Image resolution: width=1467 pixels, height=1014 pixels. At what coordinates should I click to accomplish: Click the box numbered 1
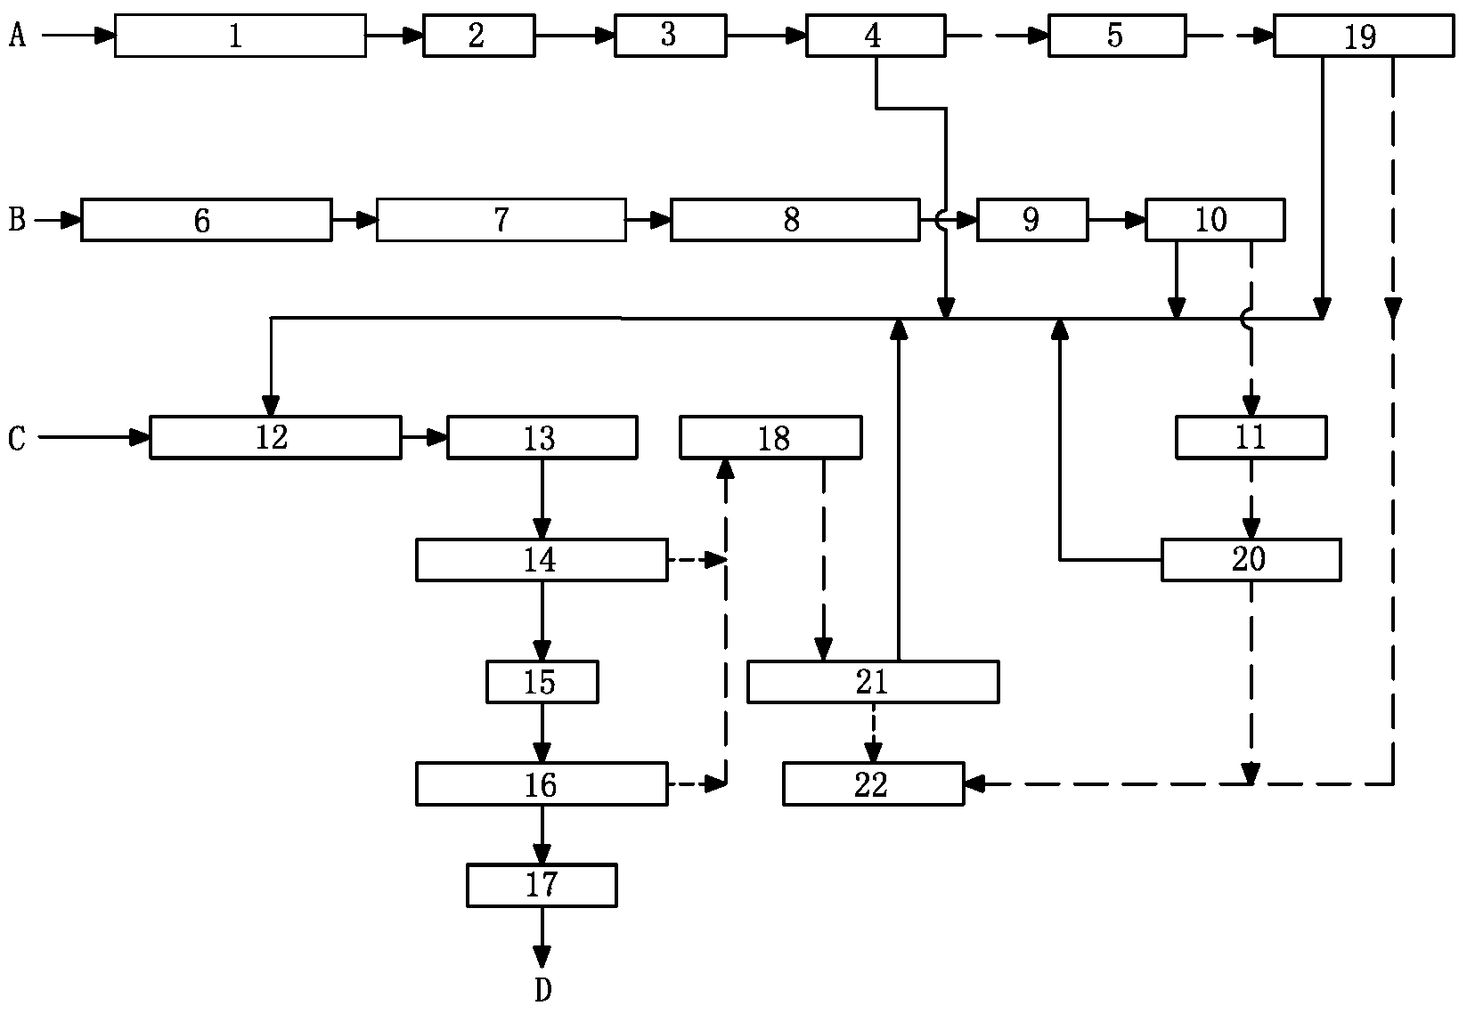pos(240,36)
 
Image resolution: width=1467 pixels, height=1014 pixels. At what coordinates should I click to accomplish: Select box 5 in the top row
pos(1116,36)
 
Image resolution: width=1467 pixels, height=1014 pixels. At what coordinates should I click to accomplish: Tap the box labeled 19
pos(1363,36)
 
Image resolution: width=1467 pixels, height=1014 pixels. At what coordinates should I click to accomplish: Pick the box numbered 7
pos(501,220)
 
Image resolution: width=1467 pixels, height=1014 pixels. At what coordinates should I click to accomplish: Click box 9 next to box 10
pos(1031,220)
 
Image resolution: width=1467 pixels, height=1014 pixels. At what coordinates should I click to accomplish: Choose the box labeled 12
pos(274,437)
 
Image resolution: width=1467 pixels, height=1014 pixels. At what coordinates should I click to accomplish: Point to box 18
pos(770,437)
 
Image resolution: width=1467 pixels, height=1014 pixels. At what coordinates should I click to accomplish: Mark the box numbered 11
pos(1251,437)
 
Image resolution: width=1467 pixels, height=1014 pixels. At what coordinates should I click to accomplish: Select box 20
pos(1251,560)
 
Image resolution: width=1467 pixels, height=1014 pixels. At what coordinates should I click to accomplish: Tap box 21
pos(872,682)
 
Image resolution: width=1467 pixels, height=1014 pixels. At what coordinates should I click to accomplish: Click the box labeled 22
pos(873,784)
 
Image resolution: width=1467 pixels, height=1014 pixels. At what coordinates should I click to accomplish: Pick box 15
pos(542,682)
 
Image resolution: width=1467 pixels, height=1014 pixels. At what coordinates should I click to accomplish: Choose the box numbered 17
pos(542,885)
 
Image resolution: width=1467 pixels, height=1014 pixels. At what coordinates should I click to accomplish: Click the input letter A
pos(16,36)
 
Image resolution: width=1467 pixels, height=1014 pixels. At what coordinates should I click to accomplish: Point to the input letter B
pos(16,220)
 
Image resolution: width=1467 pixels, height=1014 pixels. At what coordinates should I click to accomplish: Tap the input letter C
pos(16,438)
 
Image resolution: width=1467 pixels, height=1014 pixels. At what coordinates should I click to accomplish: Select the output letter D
pos(542,990)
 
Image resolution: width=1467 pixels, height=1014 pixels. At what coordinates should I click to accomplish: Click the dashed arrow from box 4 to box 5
pos(996,36)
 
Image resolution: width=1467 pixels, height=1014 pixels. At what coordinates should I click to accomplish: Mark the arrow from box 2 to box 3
pos(575,36)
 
